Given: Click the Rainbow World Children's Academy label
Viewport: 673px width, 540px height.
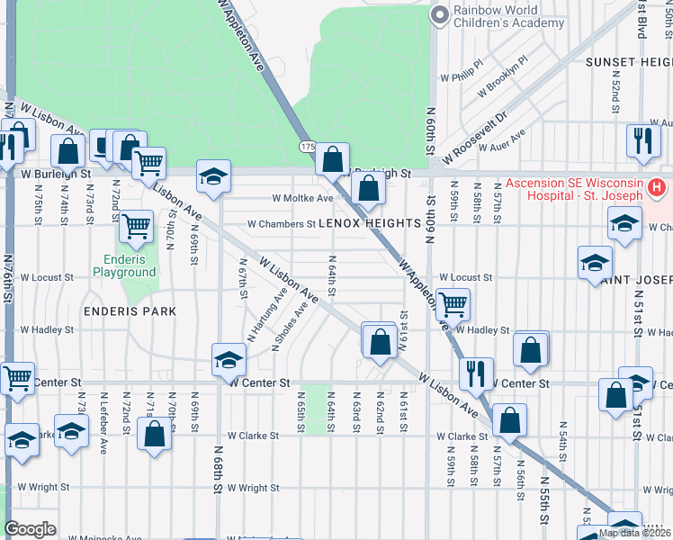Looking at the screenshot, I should (x=499, y=16).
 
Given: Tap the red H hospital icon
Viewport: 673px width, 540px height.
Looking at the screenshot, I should (x=657, y=189).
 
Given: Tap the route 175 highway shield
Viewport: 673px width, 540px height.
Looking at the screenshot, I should (x=307, y=146).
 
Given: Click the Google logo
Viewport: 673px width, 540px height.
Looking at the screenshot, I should (x=30, y=528).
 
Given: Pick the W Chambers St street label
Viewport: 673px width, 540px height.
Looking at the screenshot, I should (x=282, y=223).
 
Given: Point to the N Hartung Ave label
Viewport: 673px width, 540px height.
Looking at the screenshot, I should (x=268, y=314).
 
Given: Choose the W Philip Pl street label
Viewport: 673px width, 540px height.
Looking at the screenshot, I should (x=462, y=71).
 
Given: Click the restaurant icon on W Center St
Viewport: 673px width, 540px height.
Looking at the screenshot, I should (x=476, y=373).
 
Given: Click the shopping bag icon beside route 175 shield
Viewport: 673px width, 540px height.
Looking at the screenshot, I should (x=333, y=159).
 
